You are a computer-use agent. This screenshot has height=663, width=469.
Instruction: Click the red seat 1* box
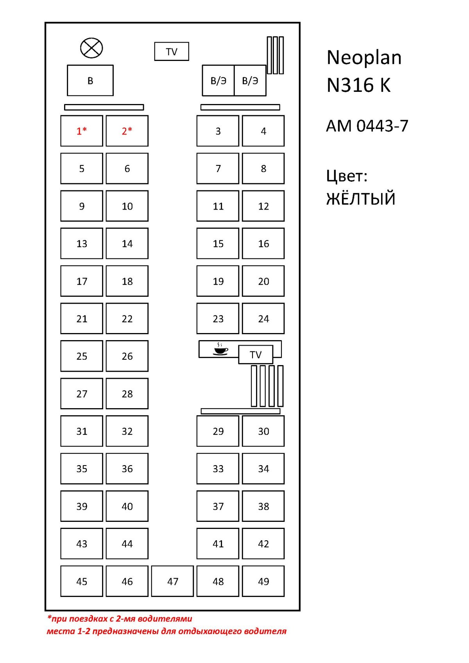(x=82, y=131)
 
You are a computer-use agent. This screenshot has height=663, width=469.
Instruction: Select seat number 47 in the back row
(x=172, y=581)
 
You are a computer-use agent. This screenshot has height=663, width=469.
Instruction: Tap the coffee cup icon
(x=220, y=349)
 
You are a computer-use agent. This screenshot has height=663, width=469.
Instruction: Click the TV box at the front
(x=172, y=52)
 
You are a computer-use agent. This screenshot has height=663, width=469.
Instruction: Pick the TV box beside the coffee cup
(x=256, y=355)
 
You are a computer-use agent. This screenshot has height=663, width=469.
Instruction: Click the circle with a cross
(x=91, y=48)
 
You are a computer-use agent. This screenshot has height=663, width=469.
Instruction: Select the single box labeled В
(x=90, y=81)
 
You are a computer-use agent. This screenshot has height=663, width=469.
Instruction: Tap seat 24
(x=263, y=319)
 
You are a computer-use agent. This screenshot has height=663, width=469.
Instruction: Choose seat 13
(x=82, y=243)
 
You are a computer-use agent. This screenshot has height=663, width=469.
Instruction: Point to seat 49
(x=263, y=581)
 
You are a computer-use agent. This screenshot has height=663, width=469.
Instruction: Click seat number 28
(x=127, y=394)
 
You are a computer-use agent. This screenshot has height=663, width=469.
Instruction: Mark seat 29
(x=218, y=431)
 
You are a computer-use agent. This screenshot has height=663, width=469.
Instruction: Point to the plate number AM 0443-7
(x=367, y=125)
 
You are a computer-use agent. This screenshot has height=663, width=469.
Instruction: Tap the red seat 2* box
(x=127, y=131)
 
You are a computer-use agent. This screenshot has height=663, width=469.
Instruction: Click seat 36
(x=127, y=469)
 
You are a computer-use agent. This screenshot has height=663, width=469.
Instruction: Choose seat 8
(x=263, y=168)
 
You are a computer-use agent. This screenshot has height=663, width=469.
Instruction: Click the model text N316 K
(x=359, y=85)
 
